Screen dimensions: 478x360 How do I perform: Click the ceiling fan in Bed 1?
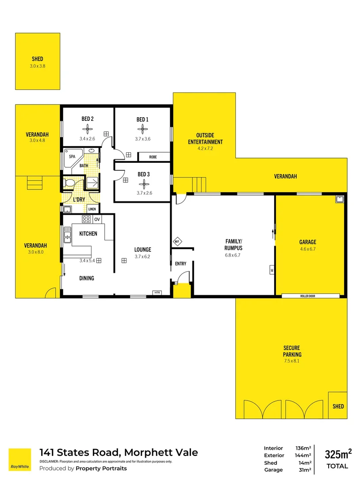[142, 129]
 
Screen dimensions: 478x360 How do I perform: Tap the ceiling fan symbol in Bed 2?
[88, 129]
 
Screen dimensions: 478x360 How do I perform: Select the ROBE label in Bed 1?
[153, 157]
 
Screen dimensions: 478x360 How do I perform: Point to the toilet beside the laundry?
[69, 183]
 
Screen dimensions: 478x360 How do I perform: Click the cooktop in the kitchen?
[86, 219]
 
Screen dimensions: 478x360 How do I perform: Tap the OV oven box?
[97, 219]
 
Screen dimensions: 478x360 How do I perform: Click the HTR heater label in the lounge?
[157, 293]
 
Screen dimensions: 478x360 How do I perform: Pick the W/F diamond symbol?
[177, 242]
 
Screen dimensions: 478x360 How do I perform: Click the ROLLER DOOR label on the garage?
[310, 296]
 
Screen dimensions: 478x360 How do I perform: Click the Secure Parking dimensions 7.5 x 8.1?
[292, 361]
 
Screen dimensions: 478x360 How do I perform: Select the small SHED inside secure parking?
[338, 405]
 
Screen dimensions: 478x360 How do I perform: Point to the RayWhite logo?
[20, 459]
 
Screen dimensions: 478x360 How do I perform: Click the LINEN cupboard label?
[92, 209]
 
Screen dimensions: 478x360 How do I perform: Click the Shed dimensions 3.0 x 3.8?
[38, 66]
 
